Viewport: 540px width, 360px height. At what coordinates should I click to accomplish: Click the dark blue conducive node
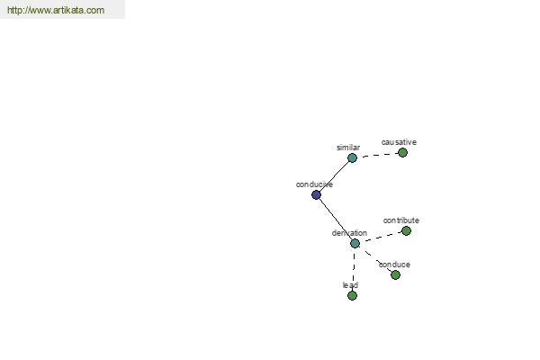pos(316,195)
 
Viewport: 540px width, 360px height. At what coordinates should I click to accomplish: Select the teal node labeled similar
pos(352,158)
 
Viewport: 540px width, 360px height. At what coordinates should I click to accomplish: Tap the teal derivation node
pos(355,244)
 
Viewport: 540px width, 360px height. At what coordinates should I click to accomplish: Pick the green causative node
pos(402,153)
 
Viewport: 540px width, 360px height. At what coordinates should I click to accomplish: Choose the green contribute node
pos(407,230)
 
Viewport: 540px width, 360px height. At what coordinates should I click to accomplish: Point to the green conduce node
pos(395,274)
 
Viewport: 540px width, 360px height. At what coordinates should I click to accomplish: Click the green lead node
pos(352,295)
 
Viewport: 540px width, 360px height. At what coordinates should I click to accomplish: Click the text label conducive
pos(314,184)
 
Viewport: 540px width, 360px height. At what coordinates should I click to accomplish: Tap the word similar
pos(348,148)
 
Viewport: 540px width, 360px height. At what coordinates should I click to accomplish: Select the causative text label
pos(399,142)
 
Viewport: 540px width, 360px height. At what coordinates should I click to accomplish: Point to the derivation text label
pos(349,233)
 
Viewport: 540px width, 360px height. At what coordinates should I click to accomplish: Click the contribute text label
pos(400,220)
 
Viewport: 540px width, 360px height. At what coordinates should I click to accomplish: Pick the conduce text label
pos(394,265)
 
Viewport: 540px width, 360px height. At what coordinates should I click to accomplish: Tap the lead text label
pos(350,285)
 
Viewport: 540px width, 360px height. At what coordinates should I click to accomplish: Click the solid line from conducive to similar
pos(334,176)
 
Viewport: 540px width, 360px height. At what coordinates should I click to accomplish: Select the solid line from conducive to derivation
pos(336,219)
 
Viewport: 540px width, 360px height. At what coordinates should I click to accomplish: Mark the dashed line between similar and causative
pos(377,155)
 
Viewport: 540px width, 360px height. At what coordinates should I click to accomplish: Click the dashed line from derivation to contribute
pos(381,237)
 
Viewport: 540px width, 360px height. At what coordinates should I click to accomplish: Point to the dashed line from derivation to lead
pos(354,270)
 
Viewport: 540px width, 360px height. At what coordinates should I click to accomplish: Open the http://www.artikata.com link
pos(56,10)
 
